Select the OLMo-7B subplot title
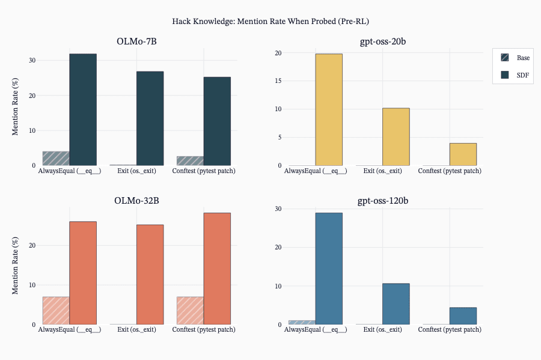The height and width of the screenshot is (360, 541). (x=136, y=41)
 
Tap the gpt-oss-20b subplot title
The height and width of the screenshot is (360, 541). (x=383, y=41)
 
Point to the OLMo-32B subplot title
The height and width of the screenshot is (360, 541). (x=136, y=201)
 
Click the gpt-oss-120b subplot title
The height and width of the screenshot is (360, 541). (x=383, y=201)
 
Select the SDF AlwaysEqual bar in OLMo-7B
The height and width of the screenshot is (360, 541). (x=83, y=109)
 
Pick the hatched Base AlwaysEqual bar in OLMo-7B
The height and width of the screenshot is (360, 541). (x=56, y=158)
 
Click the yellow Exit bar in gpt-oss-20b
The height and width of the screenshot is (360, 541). (x=396, y=137)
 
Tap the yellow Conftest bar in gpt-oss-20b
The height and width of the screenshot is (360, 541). (x=463, y=154)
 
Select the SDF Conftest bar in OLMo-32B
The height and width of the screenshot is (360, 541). (x=217, y=269)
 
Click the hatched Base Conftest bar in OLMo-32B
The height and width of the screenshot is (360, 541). (x=190, y=311)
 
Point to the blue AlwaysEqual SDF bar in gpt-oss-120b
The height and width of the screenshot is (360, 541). (x=329, y=269)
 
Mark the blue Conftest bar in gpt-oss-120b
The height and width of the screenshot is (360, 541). (x=463, y=316)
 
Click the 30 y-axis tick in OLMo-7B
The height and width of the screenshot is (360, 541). (x=32, y=60)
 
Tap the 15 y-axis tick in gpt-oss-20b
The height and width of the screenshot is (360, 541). (x=278, y=81)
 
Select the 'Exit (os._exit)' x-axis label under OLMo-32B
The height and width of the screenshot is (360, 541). (x=136, y=330)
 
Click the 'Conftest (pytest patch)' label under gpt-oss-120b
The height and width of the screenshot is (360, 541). (x=450, y=330)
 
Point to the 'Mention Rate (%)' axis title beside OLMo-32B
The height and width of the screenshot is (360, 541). (x=15, y=266)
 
